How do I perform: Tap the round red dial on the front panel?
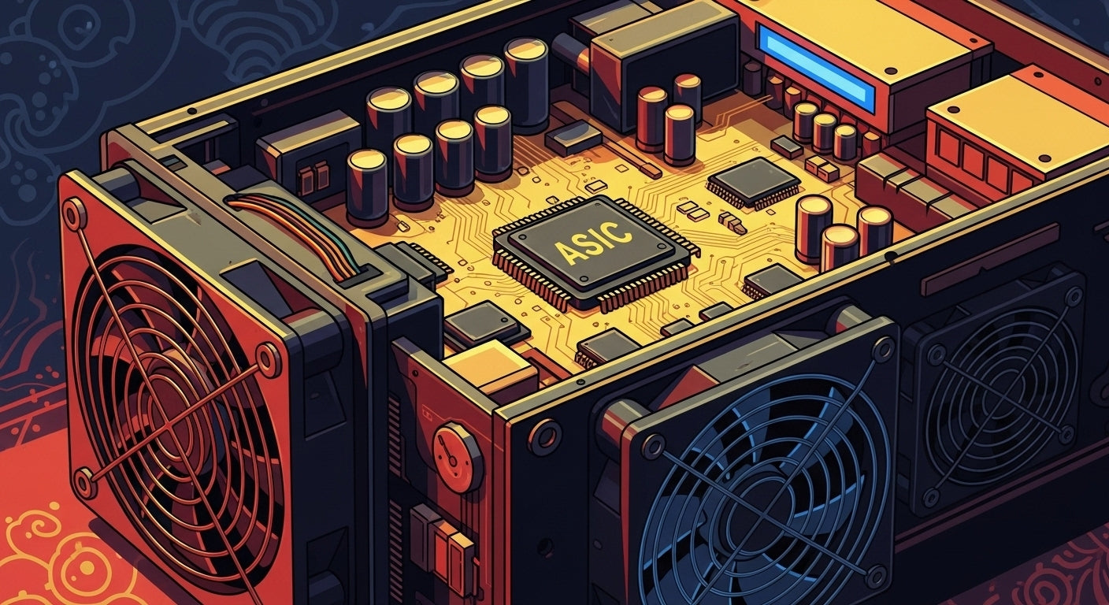(x=457, y=457)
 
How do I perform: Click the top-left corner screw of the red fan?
(x=75, y=213)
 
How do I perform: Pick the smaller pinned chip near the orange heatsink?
(x=753, y=183)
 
